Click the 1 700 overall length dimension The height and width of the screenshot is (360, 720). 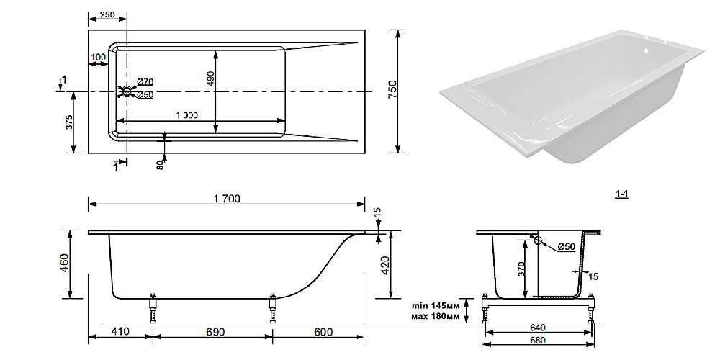coord(227,199)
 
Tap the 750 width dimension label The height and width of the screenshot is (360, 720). coord(392,91)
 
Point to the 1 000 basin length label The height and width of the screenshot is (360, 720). coord(187,115)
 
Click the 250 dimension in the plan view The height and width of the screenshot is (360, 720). coord(107,14)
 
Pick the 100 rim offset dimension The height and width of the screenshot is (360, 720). coord(98,58)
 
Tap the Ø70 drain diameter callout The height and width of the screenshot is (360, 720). coord(145,82)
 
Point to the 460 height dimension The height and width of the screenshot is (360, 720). coord(66,263)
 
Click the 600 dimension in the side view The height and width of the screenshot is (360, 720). coord(324,331)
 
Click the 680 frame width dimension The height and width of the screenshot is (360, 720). coord(538,341)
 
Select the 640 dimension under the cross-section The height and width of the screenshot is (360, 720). coord(538,328)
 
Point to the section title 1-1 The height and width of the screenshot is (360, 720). coord(622,194)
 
